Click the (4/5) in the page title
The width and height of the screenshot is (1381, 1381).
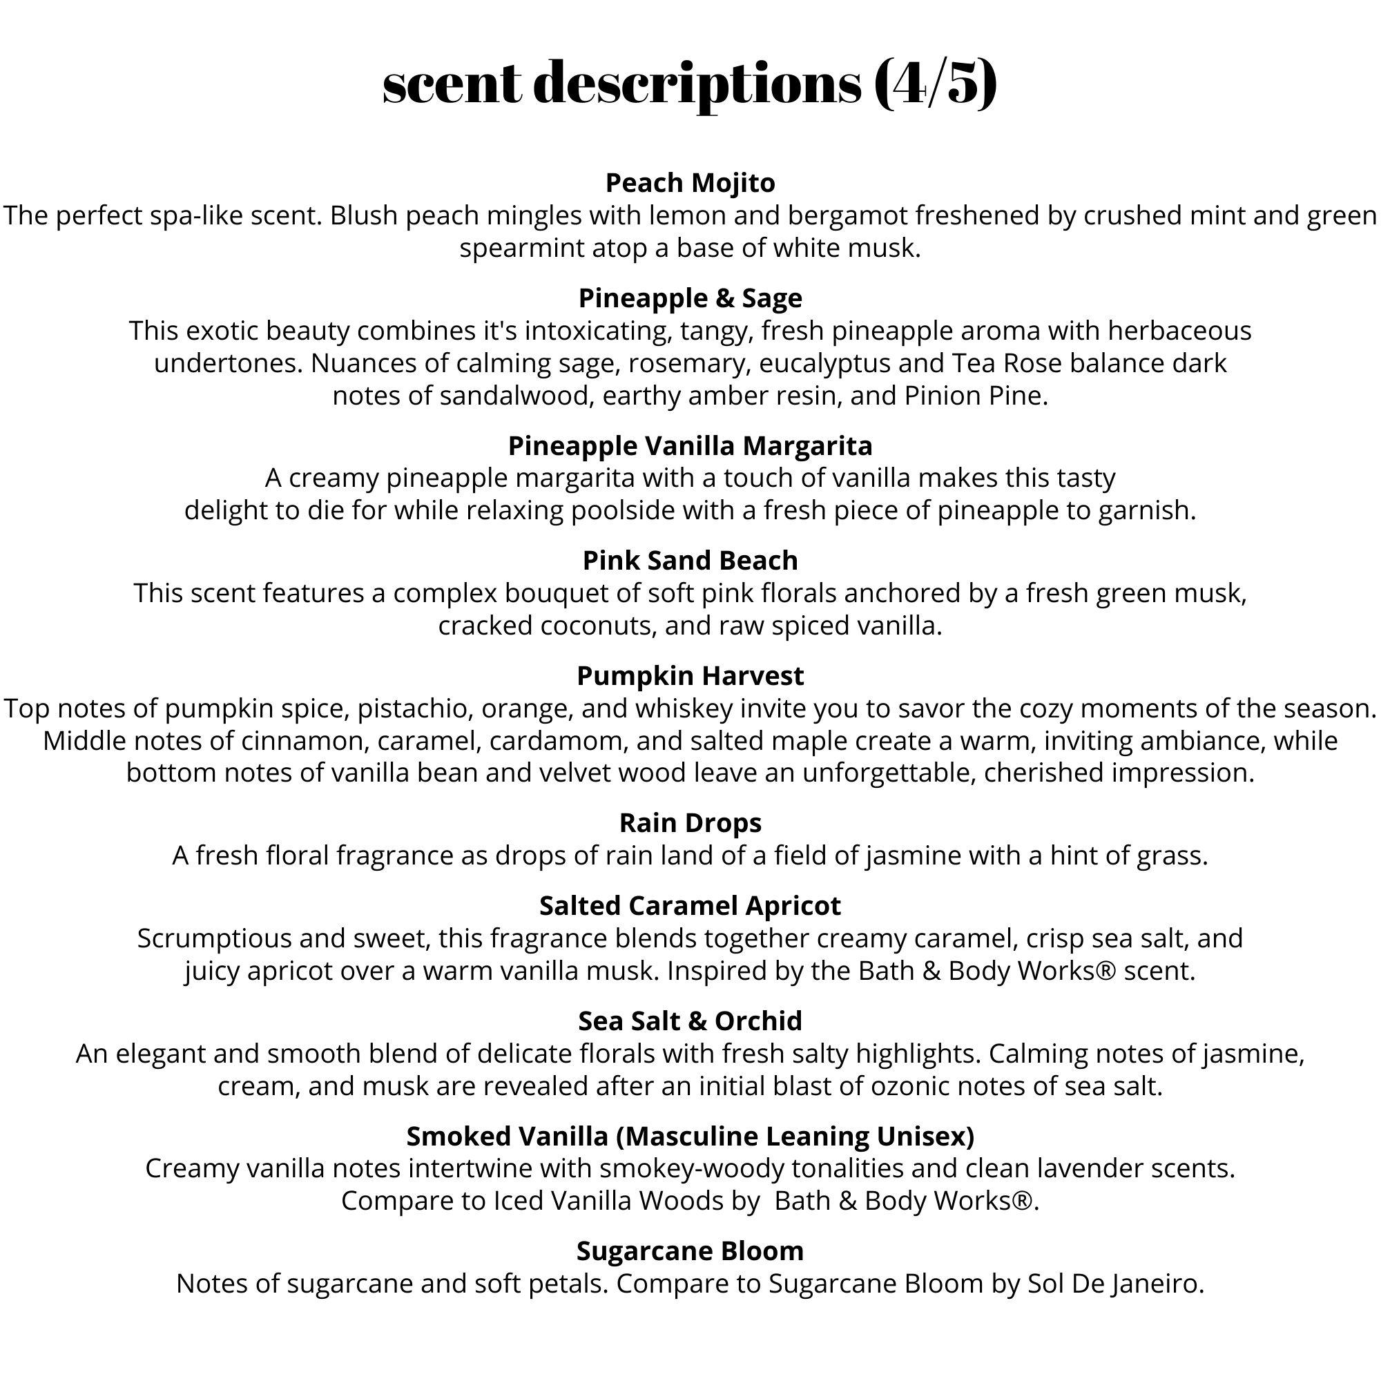coord(935,84)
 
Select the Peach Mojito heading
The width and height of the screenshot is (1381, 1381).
coord(690,183)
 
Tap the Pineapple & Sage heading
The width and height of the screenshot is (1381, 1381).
coord(690,298)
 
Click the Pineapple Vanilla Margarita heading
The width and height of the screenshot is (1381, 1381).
coord(690,445)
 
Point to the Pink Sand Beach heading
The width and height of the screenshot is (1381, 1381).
coord(690,561)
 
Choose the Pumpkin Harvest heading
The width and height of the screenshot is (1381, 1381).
coord(690,675)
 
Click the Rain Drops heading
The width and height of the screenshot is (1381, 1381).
coord(690,823)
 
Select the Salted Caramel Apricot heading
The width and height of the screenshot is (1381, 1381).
coord(690,906)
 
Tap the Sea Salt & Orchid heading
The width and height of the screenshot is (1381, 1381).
coord(690,1021)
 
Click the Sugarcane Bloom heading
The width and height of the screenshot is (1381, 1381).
coord(690,1251)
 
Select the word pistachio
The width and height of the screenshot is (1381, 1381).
coord(412,708)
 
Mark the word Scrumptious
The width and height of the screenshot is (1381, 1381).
coord(214,938)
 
